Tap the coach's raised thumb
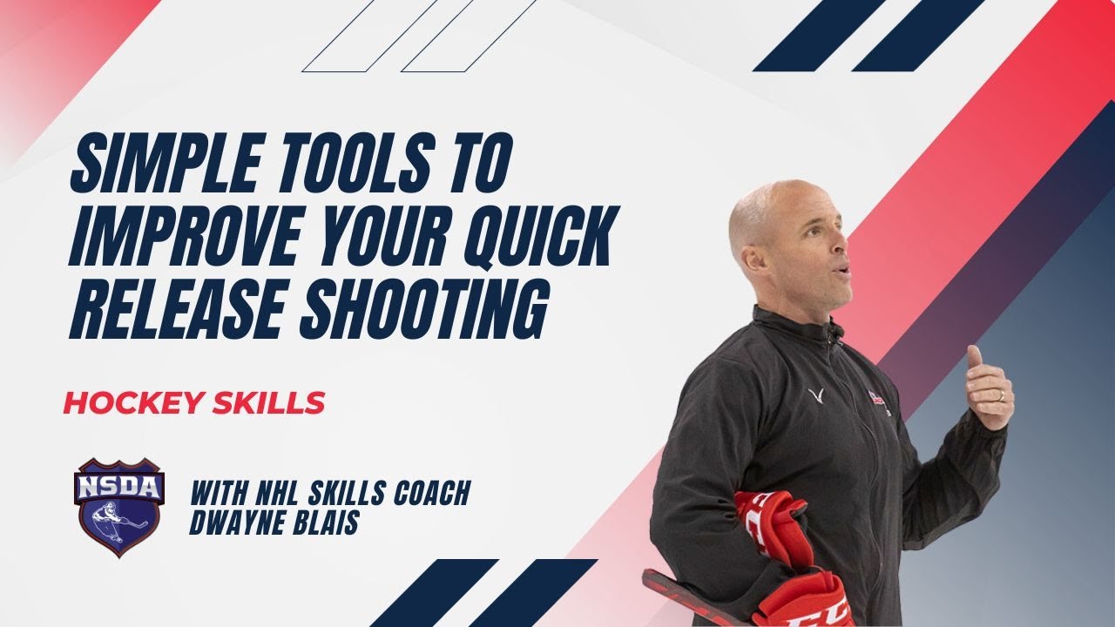pos(975,357)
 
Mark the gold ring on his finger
pos(1000,395)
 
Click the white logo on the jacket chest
pos(816,397)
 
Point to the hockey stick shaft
pos(688,600)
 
